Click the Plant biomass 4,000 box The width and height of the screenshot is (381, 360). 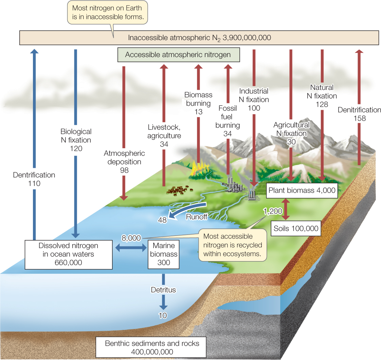302,190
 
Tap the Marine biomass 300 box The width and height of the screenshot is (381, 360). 163,254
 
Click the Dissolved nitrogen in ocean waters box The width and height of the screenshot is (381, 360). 68,254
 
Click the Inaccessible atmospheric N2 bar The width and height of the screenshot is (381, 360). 199,37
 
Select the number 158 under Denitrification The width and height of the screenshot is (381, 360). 360,118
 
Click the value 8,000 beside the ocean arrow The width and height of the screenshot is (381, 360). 131,238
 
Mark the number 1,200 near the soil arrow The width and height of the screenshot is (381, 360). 272,211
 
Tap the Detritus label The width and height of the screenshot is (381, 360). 163,290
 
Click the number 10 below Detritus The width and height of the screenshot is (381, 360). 163,315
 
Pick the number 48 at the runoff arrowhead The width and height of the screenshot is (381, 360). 162,220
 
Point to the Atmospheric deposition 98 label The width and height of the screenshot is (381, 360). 124,161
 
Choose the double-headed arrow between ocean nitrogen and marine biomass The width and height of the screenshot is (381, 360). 131,248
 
